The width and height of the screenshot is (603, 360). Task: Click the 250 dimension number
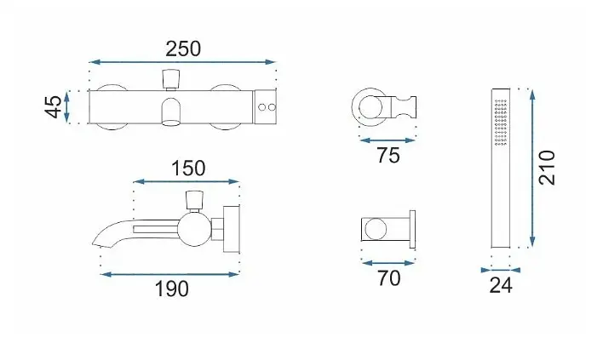183,49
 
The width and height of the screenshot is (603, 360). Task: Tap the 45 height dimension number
54,107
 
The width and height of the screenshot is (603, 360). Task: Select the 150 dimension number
188,169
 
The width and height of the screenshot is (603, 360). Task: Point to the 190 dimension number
171,289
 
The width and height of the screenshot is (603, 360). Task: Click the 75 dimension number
388,155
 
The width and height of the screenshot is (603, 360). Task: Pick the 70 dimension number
388,278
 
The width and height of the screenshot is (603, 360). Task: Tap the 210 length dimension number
547,168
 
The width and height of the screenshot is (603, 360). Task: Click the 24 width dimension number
501,285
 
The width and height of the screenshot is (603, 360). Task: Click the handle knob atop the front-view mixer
171,79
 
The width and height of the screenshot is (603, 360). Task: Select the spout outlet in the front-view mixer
171,112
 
